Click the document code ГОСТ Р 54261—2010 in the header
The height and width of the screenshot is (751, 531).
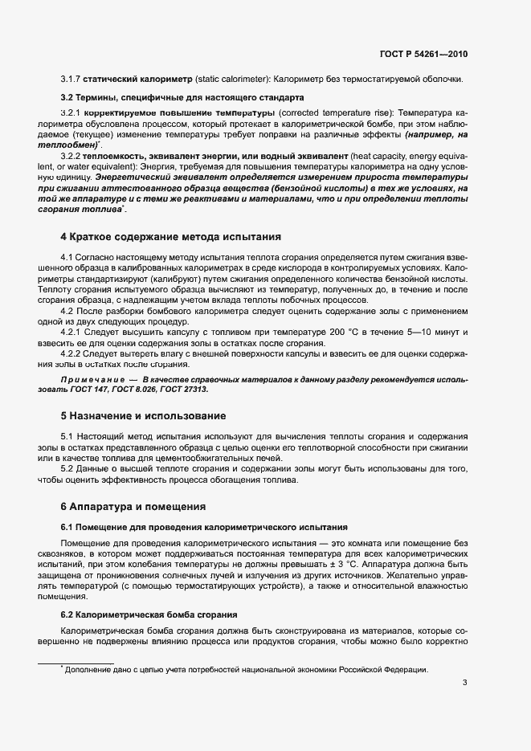(423, 54)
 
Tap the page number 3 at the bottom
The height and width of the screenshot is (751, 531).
(465, 684)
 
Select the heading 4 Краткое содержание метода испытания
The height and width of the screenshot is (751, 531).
(170, 237)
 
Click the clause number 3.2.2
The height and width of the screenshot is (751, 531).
(73, 153)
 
